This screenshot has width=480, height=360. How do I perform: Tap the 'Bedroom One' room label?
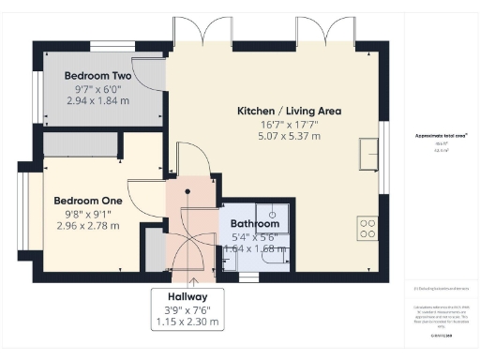pos(88,201)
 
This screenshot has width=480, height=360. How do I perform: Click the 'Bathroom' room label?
pos(255,224)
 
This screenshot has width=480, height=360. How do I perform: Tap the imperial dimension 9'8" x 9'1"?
pos(88,213)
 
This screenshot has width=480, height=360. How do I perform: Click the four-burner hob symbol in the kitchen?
pos(367,229)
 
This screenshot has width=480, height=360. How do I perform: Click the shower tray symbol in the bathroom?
pos(273,214)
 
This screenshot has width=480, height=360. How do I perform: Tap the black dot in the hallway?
pos(187,190)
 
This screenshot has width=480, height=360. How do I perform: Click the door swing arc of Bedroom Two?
pos(148,75)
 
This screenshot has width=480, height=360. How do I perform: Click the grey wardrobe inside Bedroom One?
pos(80,143)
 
